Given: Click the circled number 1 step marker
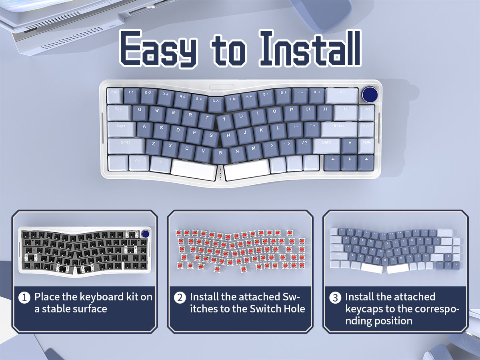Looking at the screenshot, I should point(24,298).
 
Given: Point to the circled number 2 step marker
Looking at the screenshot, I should point(180,298).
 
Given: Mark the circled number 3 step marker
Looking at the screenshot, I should point(335,298).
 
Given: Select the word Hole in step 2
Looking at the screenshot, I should point(295,309).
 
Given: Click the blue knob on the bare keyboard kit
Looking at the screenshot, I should point(146,234).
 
